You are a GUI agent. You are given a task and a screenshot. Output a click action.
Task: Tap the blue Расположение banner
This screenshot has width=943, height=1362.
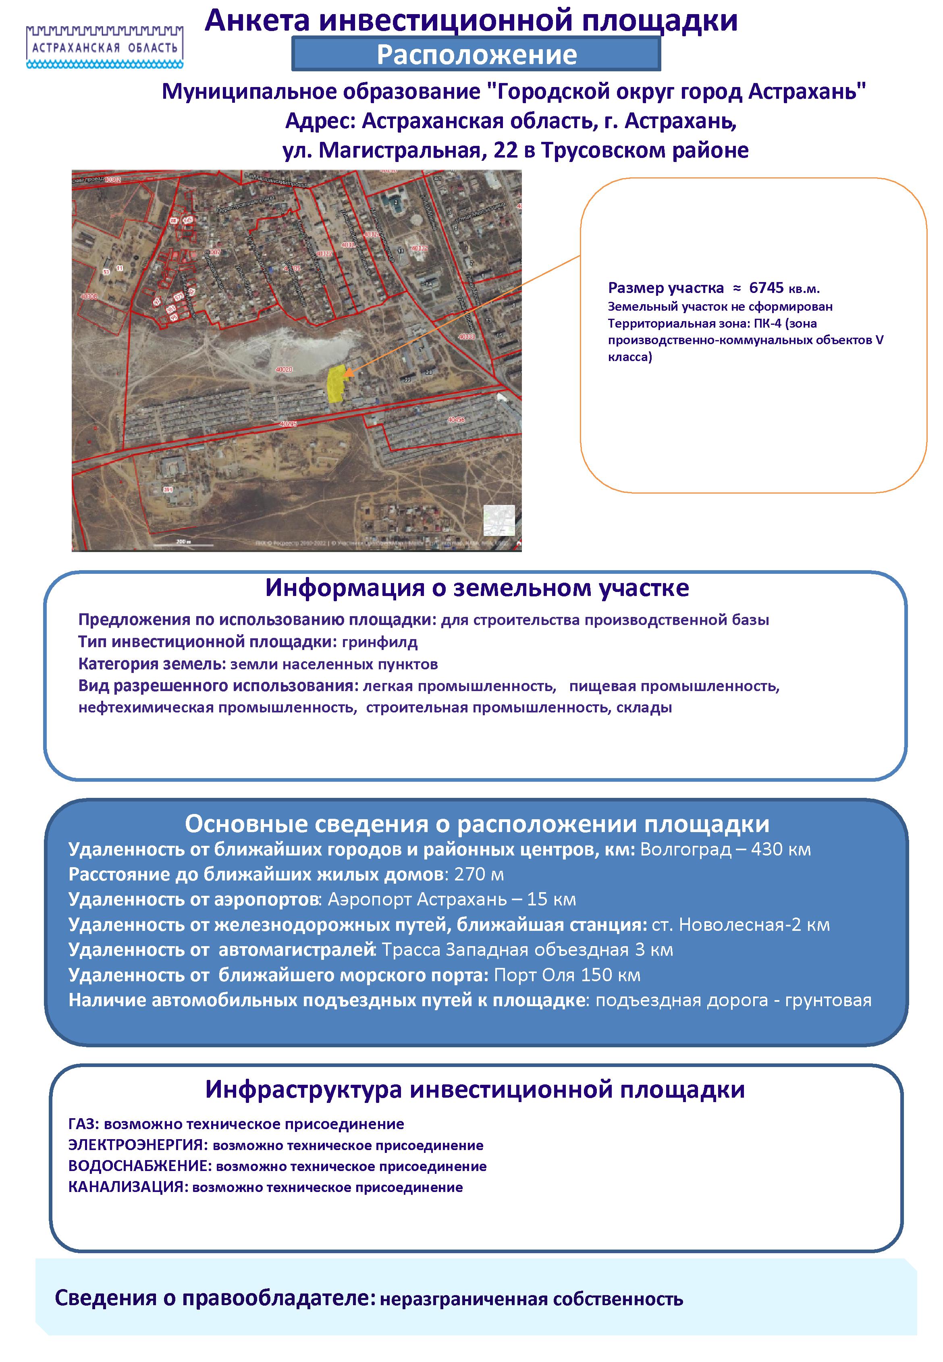tap(476, 54)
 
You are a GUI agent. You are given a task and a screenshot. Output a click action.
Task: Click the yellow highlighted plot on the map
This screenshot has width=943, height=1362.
tap(336, 384)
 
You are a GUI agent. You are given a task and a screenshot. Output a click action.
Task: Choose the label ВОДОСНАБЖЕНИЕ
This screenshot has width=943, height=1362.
tap(138, 1167)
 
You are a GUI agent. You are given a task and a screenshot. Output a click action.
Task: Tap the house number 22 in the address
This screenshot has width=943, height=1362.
tap(506, 151)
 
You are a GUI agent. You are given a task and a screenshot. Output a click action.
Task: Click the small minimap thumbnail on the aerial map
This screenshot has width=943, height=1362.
tap(499, 520)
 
